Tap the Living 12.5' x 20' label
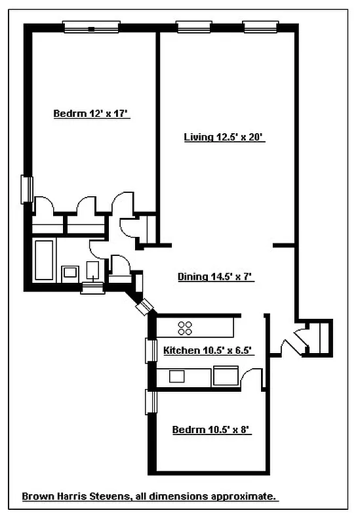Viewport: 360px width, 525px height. coord(224,138)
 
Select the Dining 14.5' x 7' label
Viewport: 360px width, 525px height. coord(216,277)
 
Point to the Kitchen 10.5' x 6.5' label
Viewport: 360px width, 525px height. coord(208,350)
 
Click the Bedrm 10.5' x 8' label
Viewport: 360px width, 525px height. coord(212,430)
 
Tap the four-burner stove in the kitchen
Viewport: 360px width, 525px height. coord(185,327)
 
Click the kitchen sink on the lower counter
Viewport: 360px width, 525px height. coord(178,377)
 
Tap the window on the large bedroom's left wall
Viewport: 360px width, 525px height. coord(26,189)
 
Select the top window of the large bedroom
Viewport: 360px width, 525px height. coord(91,28)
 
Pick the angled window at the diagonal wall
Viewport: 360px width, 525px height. coord(143,305)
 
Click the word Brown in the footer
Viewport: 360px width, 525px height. coord(37,497)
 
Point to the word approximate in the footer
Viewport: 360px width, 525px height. coord(248,497)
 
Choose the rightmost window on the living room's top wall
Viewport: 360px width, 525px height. coord(258,28)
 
